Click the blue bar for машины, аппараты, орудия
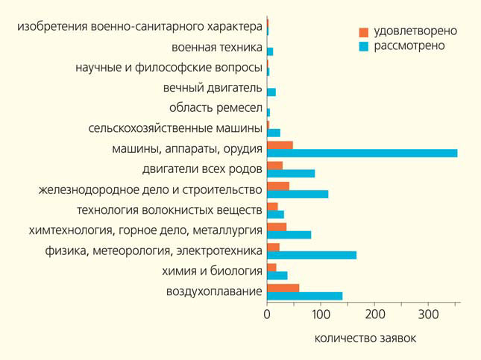(x=362, y=154)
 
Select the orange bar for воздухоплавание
(x=283, y=288)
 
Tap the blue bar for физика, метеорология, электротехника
(x=312, y=255)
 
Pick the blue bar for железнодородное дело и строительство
(x=298, y=195)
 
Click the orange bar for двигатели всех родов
(x=274, y=165)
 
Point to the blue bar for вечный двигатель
(x=271, y=92)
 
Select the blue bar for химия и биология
(x=277, y=275)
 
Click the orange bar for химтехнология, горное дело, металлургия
(x=277, y=227)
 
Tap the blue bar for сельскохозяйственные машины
(x=274, y=133)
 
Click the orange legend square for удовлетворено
(x=364, y=32)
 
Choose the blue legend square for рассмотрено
(x=364, y=46)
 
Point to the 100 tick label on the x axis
(x=321, y=315)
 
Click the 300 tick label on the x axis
(x=428, y=315)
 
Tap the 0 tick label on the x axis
(x=267, y=315)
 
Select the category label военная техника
(x=216, y=48)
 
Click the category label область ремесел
(x=216, y=108)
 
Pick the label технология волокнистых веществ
(x=169, y=209)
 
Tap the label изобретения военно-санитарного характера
(x=139, y=28)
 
